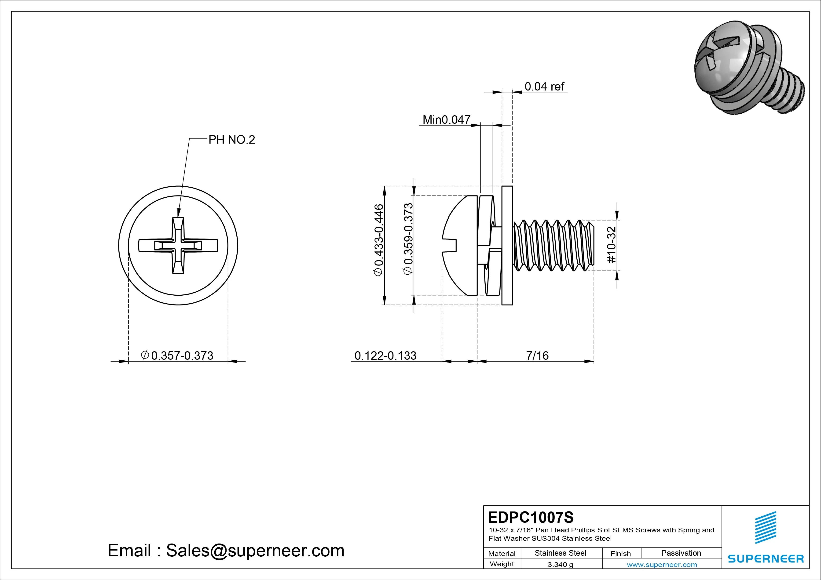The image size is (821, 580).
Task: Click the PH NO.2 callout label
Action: [x=232, y=140]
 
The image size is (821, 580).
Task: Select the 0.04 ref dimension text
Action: [x=544, y=87]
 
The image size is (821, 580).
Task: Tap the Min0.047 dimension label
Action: [x=446, y=120]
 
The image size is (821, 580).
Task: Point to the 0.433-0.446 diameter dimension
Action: [x=378, y=240]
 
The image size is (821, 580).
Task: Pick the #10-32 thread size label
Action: [x=612, y=245]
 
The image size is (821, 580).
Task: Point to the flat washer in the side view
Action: [x=507, y=246]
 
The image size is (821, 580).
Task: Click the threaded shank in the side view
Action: [x=553, y=246]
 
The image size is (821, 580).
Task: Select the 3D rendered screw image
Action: [x=747, y=68]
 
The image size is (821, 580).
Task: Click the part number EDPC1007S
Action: [x=531, y=517]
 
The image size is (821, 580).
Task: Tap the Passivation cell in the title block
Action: [x=681, y=553]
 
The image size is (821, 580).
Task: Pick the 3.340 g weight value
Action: [x=560, y=565]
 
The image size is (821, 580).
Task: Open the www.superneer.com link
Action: [x=662, y=565]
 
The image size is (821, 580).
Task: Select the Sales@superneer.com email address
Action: [x=255, y=550]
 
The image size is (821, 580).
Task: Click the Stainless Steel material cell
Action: [x=560, y=553]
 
